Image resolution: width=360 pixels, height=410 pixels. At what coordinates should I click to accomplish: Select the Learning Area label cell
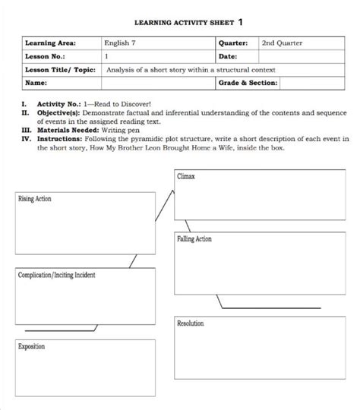pos(52,44)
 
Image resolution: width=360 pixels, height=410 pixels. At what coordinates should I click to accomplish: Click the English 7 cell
pos(122,44)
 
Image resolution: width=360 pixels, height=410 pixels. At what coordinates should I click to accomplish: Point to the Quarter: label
pos(236,44)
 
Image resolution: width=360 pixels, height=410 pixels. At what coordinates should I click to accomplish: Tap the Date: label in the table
pos(229,57)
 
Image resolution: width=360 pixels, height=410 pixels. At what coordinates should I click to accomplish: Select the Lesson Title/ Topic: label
pos(61,70)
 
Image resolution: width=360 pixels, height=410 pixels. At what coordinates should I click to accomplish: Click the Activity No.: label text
pos(60,103)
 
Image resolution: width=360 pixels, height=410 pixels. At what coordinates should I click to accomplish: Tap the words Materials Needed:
pos(68,130)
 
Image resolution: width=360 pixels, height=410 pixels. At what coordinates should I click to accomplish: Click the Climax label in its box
pos(186,176)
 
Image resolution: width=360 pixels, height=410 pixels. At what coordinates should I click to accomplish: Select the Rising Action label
pos(35,199)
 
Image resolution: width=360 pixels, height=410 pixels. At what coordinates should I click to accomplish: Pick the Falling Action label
pos(194,239)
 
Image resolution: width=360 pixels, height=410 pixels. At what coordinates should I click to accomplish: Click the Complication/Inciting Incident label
pos(56,275)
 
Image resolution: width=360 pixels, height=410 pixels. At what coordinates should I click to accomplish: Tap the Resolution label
pos(191,324)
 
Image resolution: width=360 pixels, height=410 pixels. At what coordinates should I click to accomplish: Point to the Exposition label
pos(32,347)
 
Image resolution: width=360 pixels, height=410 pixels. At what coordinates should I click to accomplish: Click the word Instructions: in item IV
pos(62,139)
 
